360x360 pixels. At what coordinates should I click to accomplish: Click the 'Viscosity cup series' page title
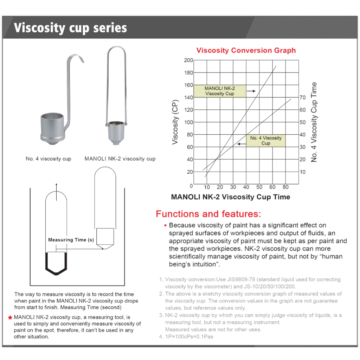(x=70, y=28)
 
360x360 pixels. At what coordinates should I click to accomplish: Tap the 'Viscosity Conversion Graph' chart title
(x=246, y=50)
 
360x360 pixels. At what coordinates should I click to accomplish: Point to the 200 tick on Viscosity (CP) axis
(x=188, y=60)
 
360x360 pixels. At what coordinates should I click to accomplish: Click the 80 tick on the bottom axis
(x=285, y=187)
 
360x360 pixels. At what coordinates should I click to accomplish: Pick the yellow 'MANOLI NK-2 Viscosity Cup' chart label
(x=219, y=91)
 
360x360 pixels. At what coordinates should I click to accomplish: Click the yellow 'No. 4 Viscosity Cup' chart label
(x=265, y=141)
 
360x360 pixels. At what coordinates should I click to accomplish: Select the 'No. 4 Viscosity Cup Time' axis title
(x=314, y=122)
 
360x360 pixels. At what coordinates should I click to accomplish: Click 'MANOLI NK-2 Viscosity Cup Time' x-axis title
(x=230, y=197)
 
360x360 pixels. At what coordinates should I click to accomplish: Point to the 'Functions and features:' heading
(x=208, y=214)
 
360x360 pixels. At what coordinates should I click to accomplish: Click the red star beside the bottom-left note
(x=10, y=317)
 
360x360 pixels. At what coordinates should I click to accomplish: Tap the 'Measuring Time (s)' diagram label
(x=71, y=240)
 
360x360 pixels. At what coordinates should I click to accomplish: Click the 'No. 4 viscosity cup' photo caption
(x=49, y=159)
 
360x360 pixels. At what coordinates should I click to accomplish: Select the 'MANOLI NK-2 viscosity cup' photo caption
(x=120, y=159)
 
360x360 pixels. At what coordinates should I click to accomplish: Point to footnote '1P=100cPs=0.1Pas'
(x=189, y=337)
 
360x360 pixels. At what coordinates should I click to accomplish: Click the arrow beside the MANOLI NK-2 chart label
(x=250, y=91)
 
